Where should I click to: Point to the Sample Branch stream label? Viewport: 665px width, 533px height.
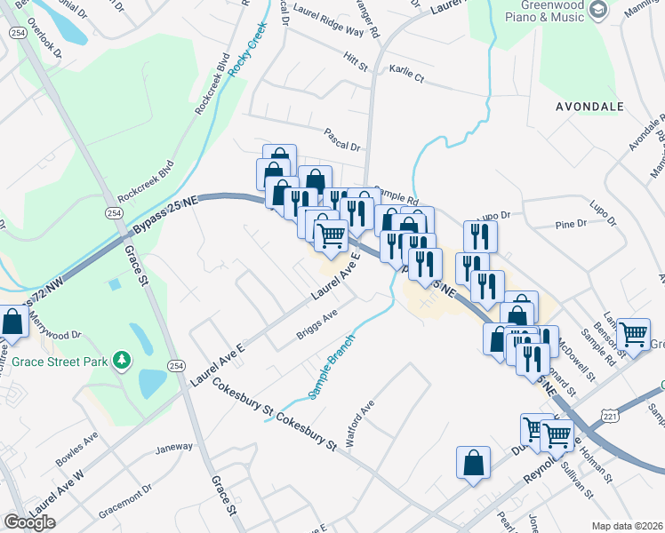(x=332, y=365)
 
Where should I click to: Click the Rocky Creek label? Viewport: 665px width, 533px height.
(x=244, y=50)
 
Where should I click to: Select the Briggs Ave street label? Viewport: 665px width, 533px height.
(x=317, y=328)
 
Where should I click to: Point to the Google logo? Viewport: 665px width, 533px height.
(x=29, y=522)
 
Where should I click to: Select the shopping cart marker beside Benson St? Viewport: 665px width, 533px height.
(x=633, y=335)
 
